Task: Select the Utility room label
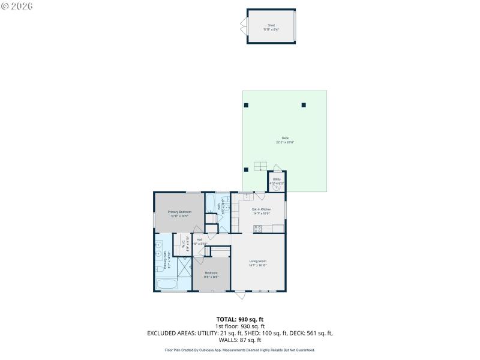277,179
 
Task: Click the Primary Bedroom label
179,213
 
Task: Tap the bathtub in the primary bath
165,284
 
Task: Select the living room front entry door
239,295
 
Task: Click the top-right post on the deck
304,105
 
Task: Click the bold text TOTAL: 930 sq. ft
240,319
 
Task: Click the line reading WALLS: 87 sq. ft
240,340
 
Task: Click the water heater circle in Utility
277,187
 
